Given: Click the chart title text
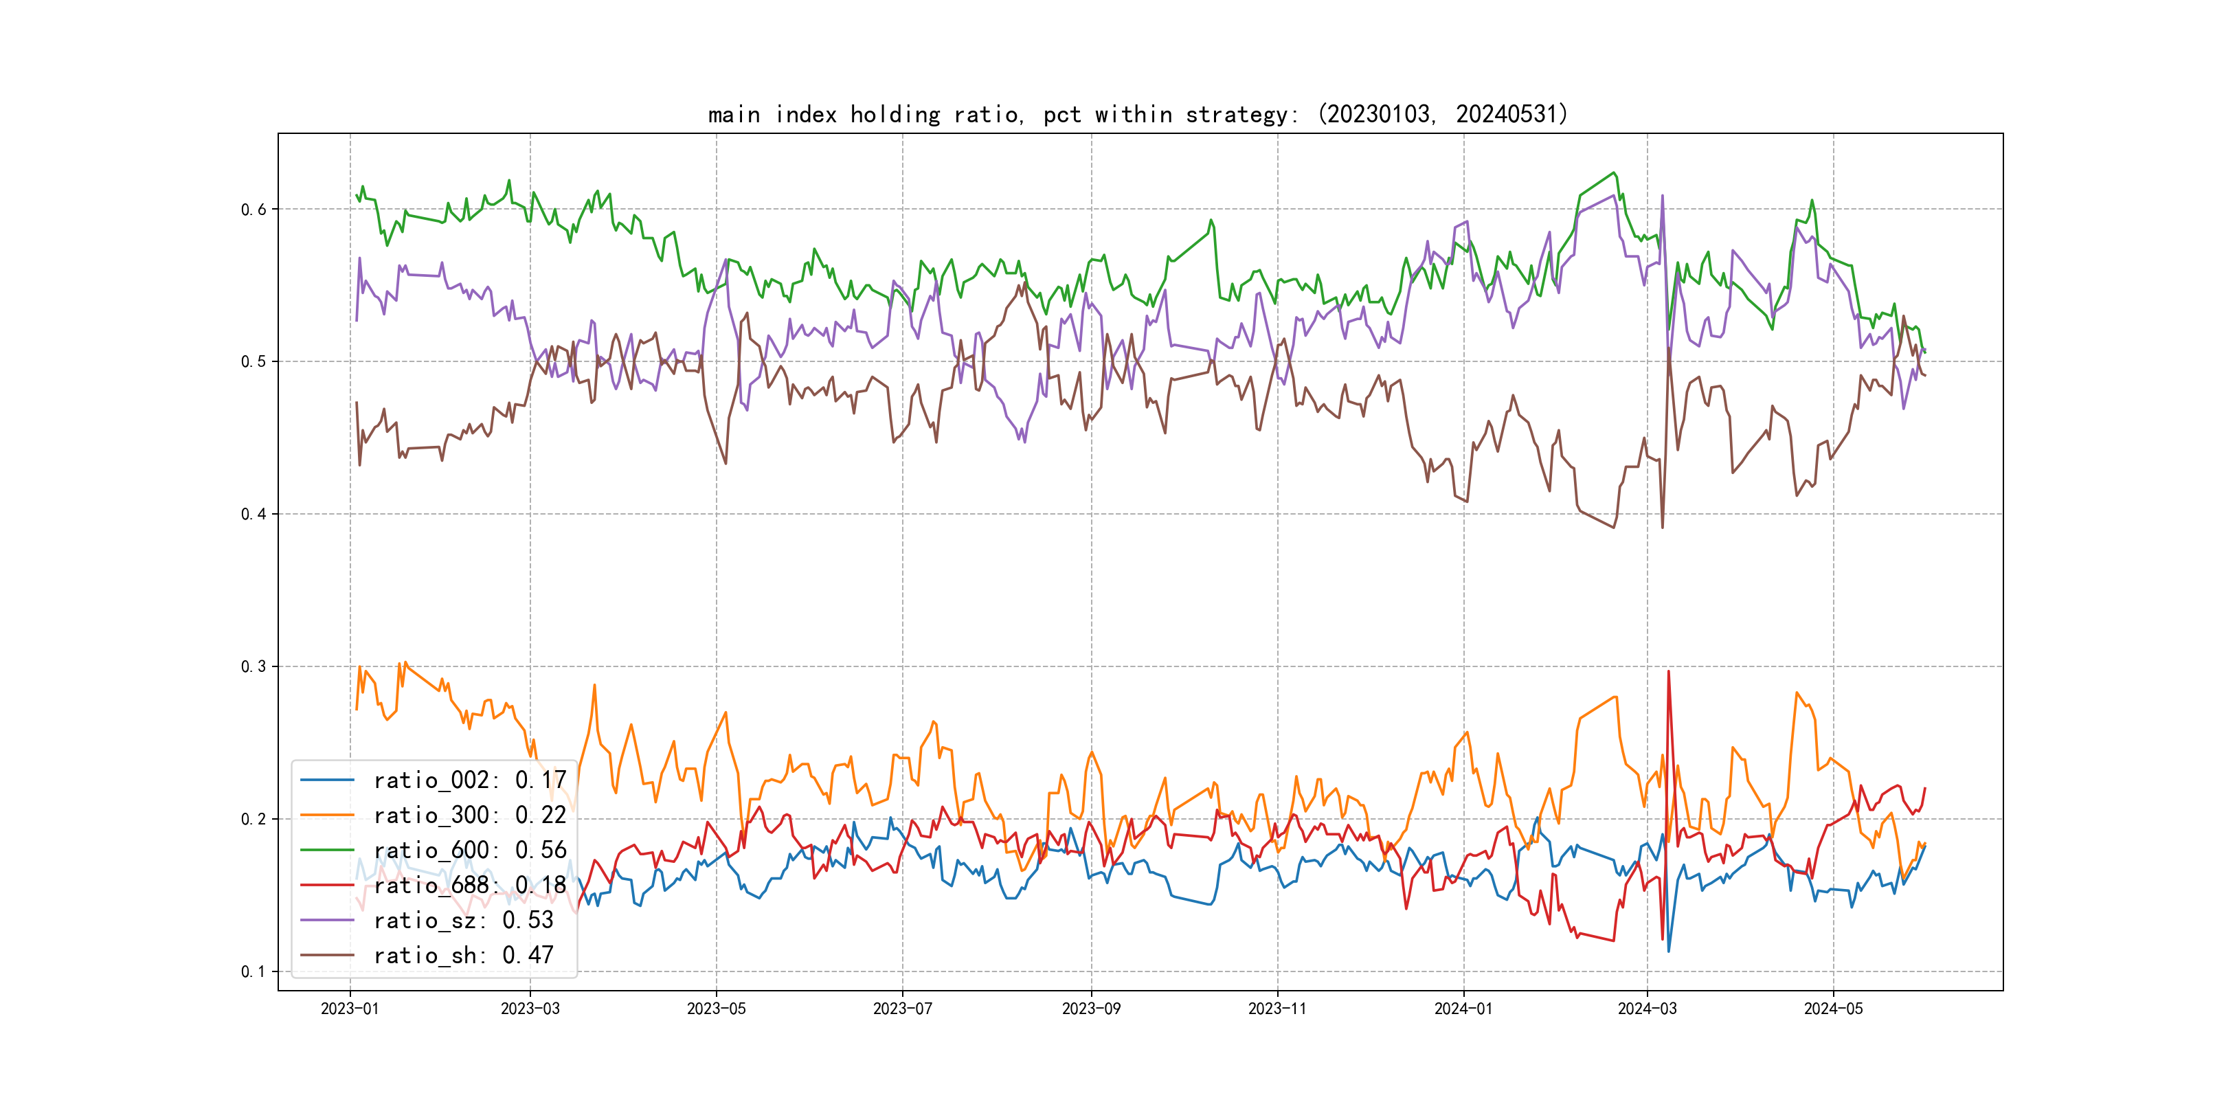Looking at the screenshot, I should pos(1137,114).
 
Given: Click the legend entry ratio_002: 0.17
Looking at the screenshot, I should pos(469,780).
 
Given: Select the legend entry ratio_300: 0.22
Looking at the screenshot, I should pos(469,815).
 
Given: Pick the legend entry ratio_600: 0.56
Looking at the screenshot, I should pos(469,851).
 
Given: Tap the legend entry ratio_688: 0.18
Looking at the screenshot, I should pos(469,885).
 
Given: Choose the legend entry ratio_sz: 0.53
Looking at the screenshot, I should pos(463,921).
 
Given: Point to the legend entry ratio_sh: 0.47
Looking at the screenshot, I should pos(463,955).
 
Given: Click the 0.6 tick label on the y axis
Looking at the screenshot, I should pos(254,209).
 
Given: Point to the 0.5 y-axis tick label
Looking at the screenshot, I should pos(254,361).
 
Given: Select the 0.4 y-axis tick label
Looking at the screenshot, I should pos(254,514).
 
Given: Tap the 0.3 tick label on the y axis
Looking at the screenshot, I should pos(254,666).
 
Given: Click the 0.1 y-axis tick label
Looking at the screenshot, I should pos(254,971).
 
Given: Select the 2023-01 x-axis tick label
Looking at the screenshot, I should pos(350,1009).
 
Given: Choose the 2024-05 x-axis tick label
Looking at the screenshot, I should pos(1833,1009).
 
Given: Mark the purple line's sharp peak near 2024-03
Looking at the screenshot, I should pos(1662,196).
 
